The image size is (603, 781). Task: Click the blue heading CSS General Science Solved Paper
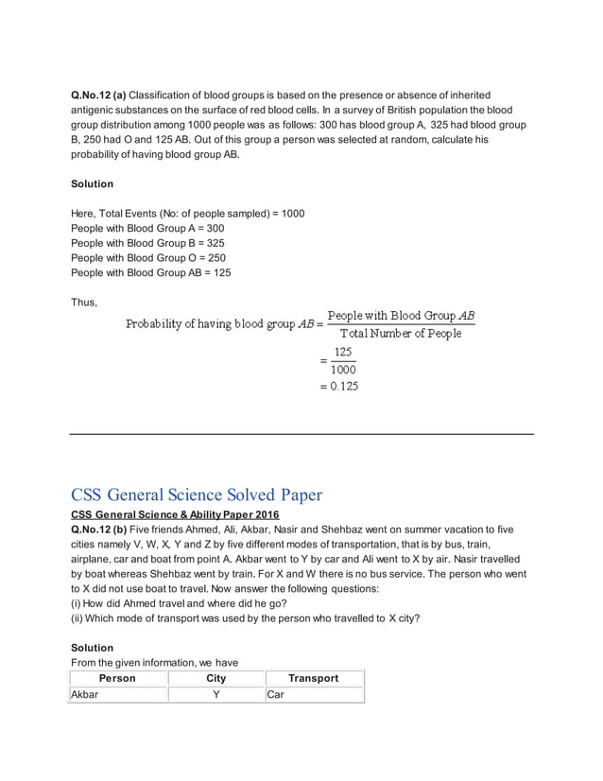[197, 495]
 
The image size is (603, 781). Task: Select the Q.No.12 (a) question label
[98, 95]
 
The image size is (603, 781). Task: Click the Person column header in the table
[117, 678]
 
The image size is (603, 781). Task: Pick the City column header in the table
[215, 678]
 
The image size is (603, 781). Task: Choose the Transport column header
[313, 678]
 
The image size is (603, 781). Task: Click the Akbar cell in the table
[84, 694]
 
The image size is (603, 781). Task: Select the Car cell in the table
[276, 694]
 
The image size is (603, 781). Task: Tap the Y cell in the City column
[215, 694]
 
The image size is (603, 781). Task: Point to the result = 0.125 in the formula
[339, 386]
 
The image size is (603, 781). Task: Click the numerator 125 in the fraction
[343, 351]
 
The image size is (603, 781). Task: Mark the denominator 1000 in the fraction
[343, 369]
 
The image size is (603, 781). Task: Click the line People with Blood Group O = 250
[148, 257]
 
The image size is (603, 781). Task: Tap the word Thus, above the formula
[84, 302]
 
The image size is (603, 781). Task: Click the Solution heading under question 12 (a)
[92, 183]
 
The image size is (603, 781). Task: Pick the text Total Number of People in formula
[401, 334]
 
